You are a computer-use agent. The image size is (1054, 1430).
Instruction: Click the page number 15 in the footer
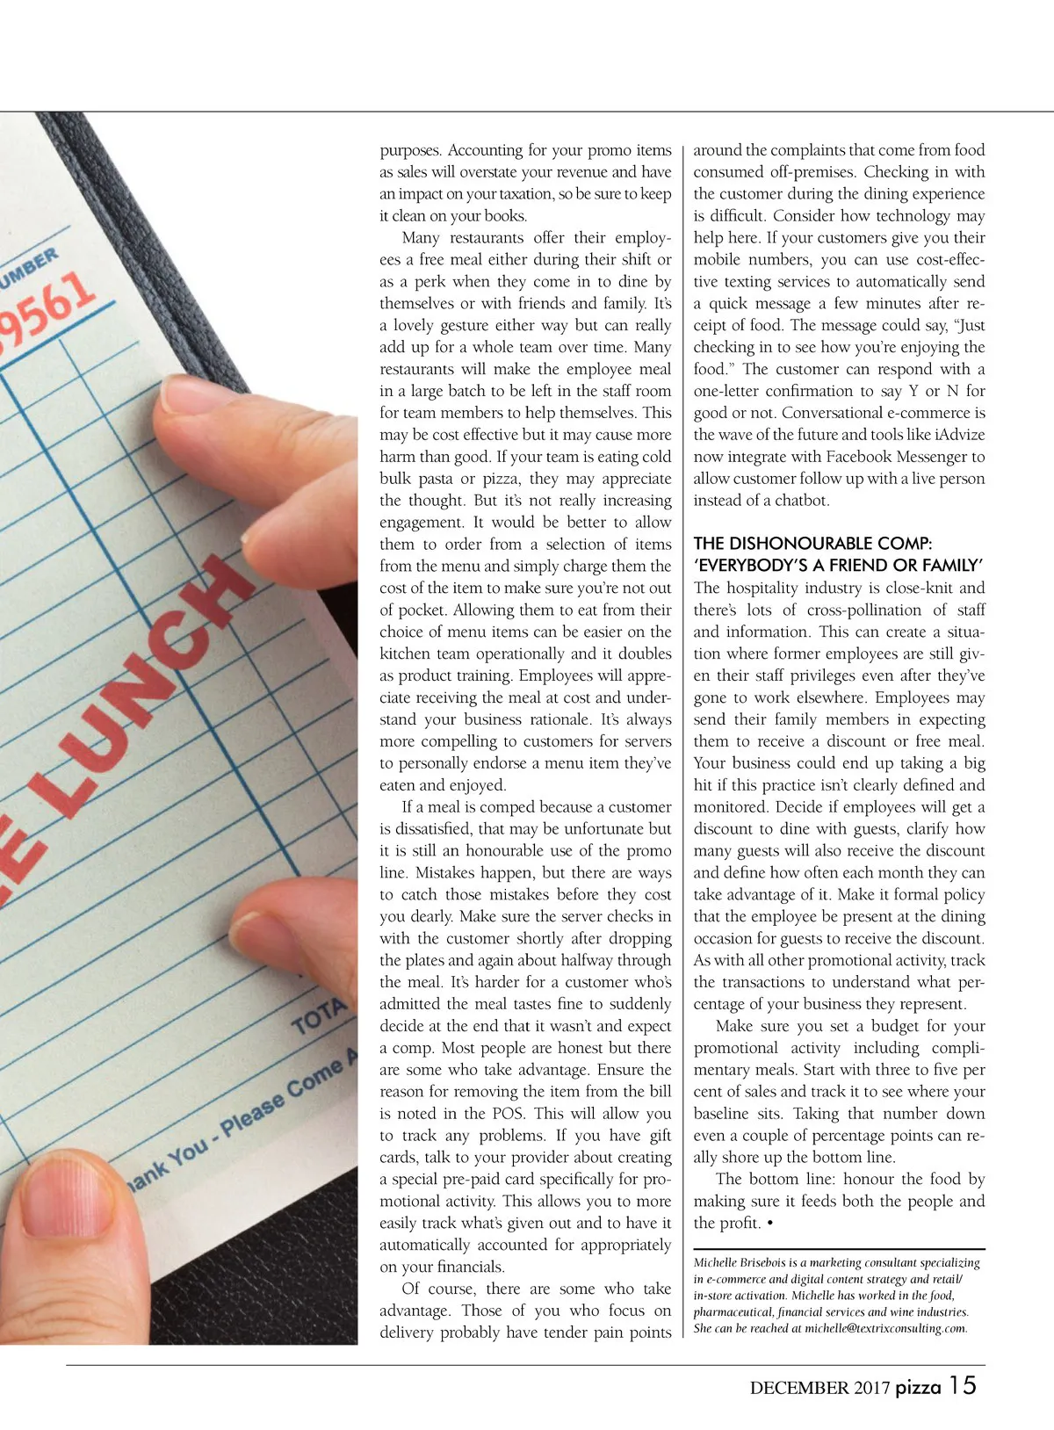(x=963, y=1385)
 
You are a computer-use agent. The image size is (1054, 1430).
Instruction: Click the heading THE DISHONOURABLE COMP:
(x=812, y=543)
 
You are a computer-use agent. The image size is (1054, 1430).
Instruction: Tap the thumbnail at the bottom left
(x=66, y=1230)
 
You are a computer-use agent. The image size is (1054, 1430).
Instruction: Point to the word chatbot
(x=802, y=501)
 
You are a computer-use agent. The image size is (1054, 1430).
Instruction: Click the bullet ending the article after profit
(x=769, y=1223)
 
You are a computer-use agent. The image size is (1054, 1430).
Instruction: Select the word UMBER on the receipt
(x=31, y=269)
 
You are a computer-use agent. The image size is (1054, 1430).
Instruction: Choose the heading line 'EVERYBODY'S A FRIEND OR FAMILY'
(x=838, y=565)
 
